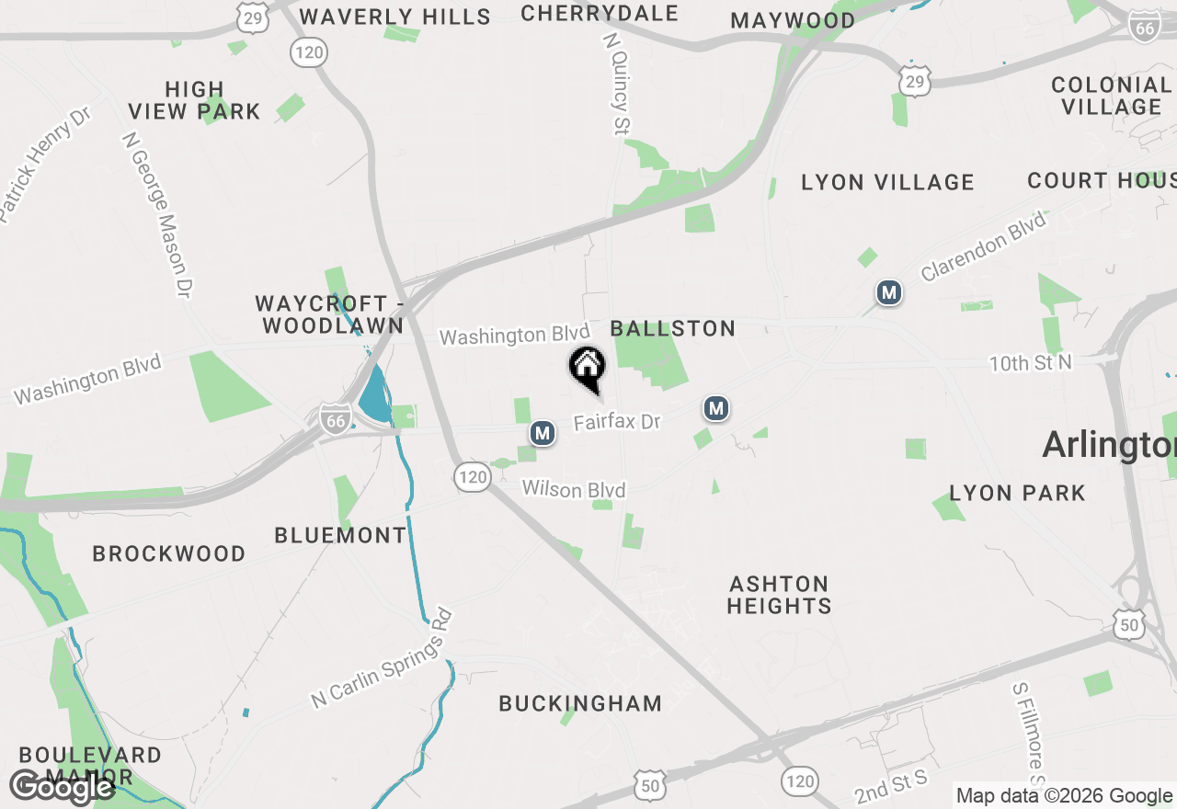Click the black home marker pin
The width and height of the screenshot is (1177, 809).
coord(587,368)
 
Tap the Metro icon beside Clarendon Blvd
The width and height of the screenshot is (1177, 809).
coord(888,293)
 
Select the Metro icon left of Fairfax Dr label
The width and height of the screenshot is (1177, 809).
coord(543,432)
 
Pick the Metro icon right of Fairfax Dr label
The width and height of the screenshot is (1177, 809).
coord(716,408)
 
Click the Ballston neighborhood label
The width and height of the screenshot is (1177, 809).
coord(673,328)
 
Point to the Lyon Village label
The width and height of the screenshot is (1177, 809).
coord(887,182)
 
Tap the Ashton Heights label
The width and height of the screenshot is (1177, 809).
coord(779,595)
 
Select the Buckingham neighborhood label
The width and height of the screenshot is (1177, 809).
coord(580,703)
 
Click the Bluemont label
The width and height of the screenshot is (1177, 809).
coord(340,535)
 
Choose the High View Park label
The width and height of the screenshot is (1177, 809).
coord(194,100)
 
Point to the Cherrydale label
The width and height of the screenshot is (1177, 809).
coord(599,13)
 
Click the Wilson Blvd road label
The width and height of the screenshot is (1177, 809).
coord(574,489)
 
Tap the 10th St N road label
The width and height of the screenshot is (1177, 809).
coord(1030,363)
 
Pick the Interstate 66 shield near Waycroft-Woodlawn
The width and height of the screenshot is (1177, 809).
coord(336,419)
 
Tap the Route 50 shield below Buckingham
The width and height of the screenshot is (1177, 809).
coord(648,786)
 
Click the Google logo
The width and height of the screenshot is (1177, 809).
coord(62,787)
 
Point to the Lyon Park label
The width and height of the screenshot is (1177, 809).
coord(1017,493)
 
